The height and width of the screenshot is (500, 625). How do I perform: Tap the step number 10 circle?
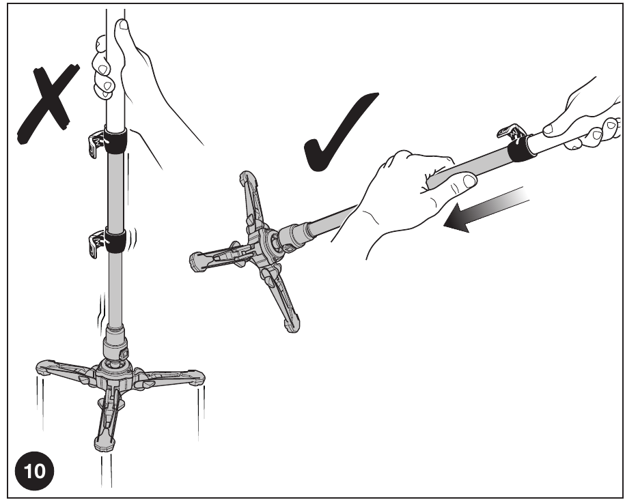(x=34, y=471)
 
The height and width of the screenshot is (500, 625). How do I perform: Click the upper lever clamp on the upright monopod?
(x=96, y=143)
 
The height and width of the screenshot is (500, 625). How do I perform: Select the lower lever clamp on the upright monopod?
(x=96, y=244)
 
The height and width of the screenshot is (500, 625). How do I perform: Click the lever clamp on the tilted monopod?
(x=512, y=132)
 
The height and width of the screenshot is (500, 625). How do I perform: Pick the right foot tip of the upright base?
(x=197, y=378)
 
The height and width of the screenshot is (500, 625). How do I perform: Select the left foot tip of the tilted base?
(x=197, y=262)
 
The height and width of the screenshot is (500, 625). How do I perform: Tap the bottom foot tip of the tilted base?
(x=292, y=324)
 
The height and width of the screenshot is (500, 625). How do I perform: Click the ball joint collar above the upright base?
(x=115, y=347)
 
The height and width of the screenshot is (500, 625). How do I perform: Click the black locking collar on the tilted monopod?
(x=521, y=148)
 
